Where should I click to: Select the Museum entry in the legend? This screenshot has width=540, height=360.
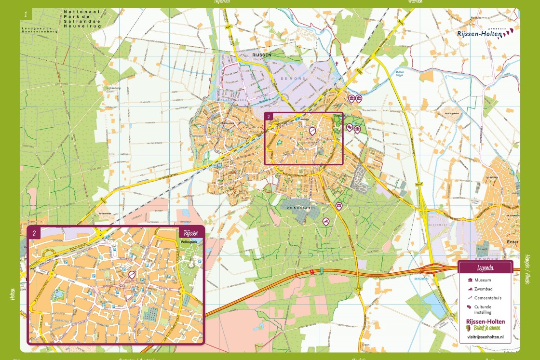click(x=482, y=280)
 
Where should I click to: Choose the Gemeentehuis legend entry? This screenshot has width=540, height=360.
click(x=487, y=298)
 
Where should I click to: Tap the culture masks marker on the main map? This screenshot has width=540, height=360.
click(x=350, y=128)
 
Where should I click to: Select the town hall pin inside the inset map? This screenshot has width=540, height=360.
click(x=132, y=275)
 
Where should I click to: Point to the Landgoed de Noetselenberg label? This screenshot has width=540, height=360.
click(x=39, y=30)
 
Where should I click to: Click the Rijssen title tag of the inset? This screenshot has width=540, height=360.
click(x=187, y=233)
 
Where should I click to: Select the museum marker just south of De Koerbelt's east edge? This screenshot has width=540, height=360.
click(x=339, y=207)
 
